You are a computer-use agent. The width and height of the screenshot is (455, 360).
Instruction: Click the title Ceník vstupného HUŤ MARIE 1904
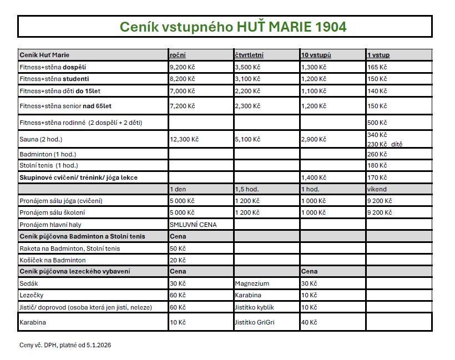pos(233,27)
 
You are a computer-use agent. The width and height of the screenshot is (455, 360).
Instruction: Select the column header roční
pos(178,55)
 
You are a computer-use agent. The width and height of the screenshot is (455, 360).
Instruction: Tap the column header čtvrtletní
pos(249,55)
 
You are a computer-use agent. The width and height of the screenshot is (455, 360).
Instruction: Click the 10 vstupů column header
pos(316,55)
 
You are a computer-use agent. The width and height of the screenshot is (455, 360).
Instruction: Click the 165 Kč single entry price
pos(377,67)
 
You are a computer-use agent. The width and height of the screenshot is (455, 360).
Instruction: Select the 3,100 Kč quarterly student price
pos(247,79)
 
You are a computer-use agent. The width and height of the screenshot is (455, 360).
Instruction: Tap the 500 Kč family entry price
pos(377,123)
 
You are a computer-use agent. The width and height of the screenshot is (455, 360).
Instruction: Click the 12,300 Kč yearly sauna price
pos(184,139)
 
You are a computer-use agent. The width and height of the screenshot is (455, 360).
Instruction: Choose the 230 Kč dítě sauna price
pos(385,144)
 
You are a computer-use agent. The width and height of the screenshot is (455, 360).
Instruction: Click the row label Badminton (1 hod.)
pos(48,154)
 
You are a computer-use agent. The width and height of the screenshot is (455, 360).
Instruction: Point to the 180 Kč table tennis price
pos(377,165)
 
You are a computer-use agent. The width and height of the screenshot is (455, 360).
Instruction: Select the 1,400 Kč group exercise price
pos(314,178)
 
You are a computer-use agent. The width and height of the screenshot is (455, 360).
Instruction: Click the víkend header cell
pos(377,189)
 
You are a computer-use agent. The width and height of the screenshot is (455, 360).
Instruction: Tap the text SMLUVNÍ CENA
pos(193,225)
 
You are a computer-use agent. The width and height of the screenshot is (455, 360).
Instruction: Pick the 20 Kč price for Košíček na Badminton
pos(178,260)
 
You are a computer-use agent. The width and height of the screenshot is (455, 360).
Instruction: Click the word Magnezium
pos(252,283)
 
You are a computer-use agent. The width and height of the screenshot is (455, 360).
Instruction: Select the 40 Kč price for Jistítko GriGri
pos(309,322)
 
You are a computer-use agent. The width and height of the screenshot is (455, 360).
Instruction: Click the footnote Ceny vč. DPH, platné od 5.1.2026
pos(65,345)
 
